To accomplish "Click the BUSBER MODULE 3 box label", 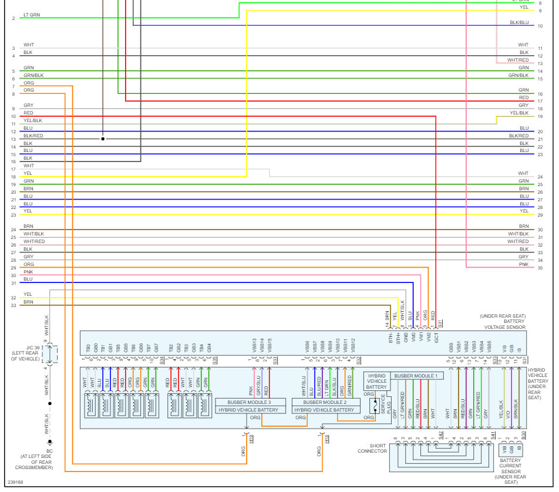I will (250, 403).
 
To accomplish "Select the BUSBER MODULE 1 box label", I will (416, 376).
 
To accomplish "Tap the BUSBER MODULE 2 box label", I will (325, 403).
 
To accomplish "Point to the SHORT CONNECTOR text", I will (372, 448).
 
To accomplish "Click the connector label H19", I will (251, 438).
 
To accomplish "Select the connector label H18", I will (326, 438).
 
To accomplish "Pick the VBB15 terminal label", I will (270, 346).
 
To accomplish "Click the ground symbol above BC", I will (50, 442).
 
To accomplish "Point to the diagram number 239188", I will (15, 483).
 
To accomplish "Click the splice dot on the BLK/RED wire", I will (103, 139).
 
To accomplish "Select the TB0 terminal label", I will (87, 347).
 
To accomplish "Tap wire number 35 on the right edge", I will (540, 268).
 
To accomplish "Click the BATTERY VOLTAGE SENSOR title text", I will (504, 324).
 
